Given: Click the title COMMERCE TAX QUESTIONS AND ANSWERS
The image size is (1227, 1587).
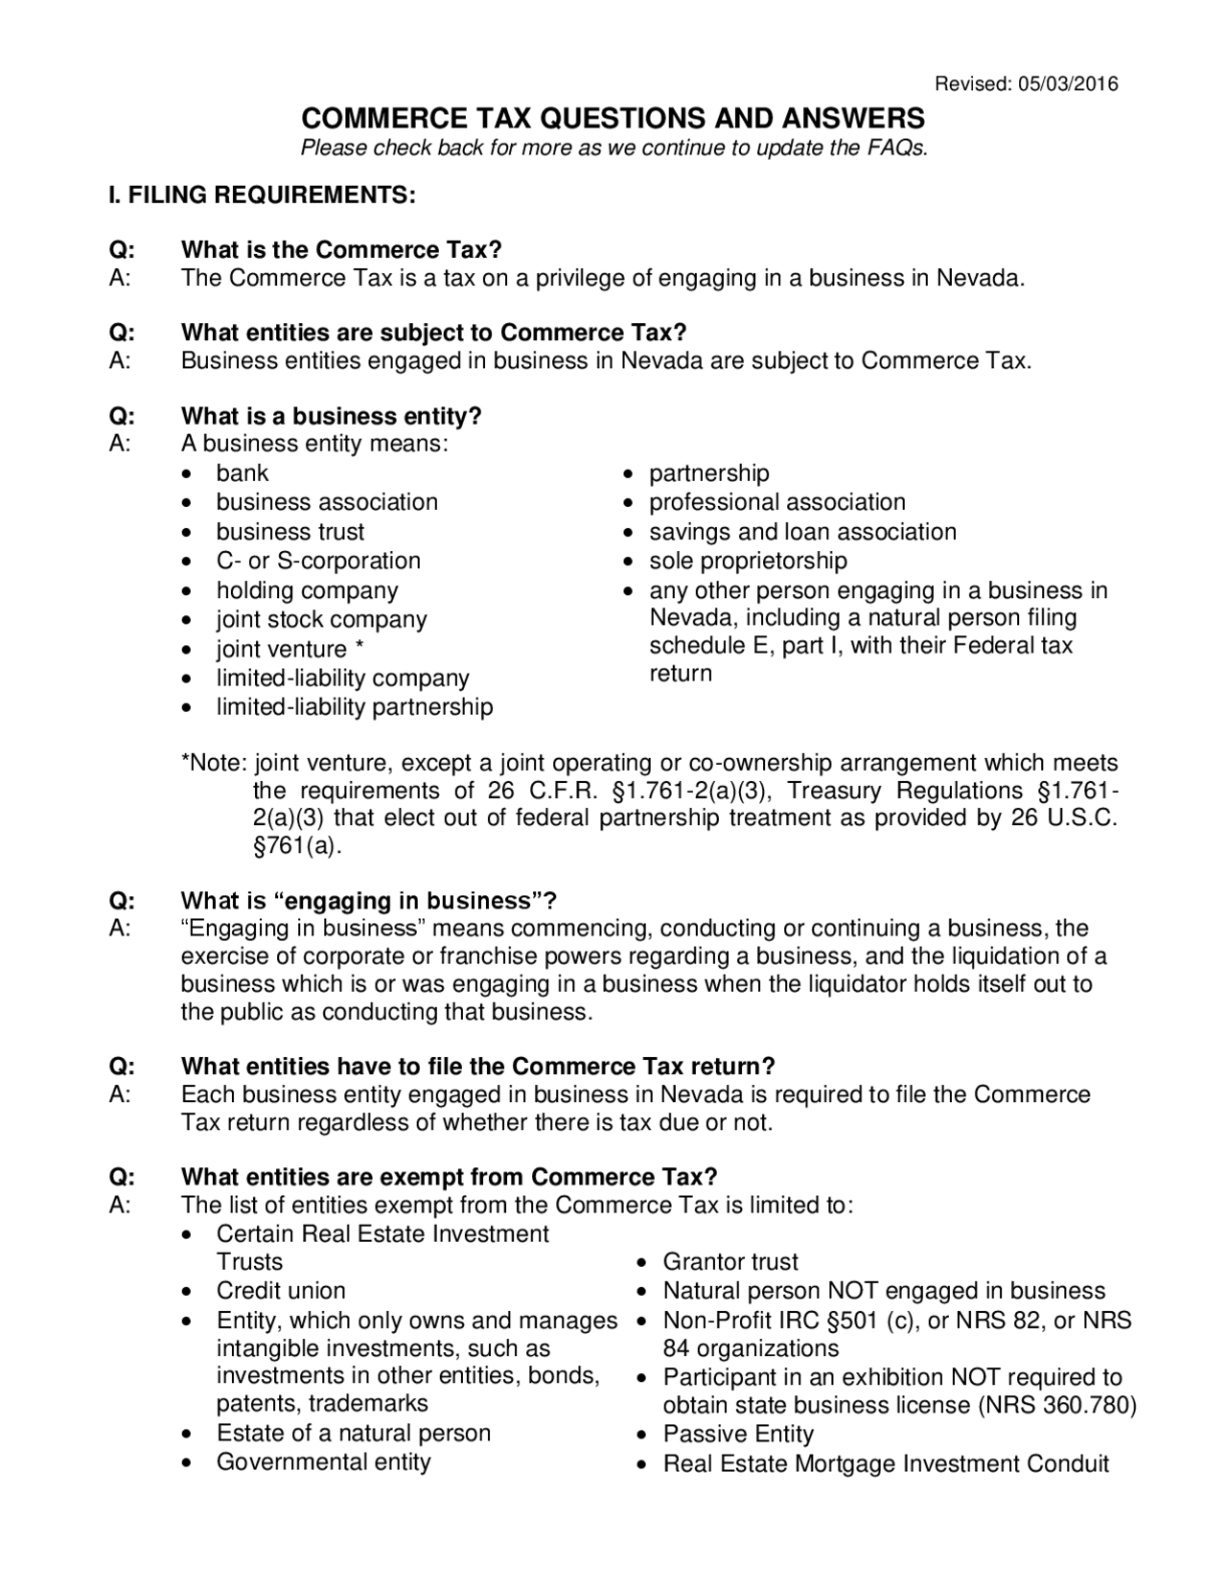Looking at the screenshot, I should click(613, 119).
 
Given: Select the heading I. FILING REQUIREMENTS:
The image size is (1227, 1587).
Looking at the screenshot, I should click(262, 195).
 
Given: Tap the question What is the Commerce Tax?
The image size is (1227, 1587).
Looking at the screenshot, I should click(341, 250).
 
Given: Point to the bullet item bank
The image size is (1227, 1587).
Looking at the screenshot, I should click(243, 473).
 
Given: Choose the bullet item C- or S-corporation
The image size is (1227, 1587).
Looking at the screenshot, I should click(318, 561).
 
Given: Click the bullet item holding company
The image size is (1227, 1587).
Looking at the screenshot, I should click(307, 590).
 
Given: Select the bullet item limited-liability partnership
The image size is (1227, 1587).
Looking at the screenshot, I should click(355, 707).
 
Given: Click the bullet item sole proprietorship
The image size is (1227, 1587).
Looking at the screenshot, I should click(748, 561).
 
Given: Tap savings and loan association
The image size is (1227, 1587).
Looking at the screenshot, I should click(802, 532).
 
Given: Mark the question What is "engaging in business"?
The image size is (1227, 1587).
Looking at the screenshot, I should click(369, 901).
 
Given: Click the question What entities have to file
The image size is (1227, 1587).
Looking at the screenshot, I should click(477, 1067).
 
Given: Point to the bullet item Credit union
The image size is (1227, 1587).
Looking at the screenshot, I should click(281, 1291).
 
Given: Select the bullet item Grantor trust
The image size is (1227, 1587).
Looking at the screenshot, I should click(730, 1262).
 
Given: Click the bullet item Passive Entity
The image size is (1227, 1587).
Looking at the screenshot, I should click(738, 1435).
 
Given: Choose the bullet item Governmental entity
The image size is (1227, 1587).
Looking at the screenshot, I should click(323, 1462).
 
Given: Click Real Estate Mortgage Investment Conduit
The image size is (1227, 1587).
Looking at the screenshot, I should click(886, 1464).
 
